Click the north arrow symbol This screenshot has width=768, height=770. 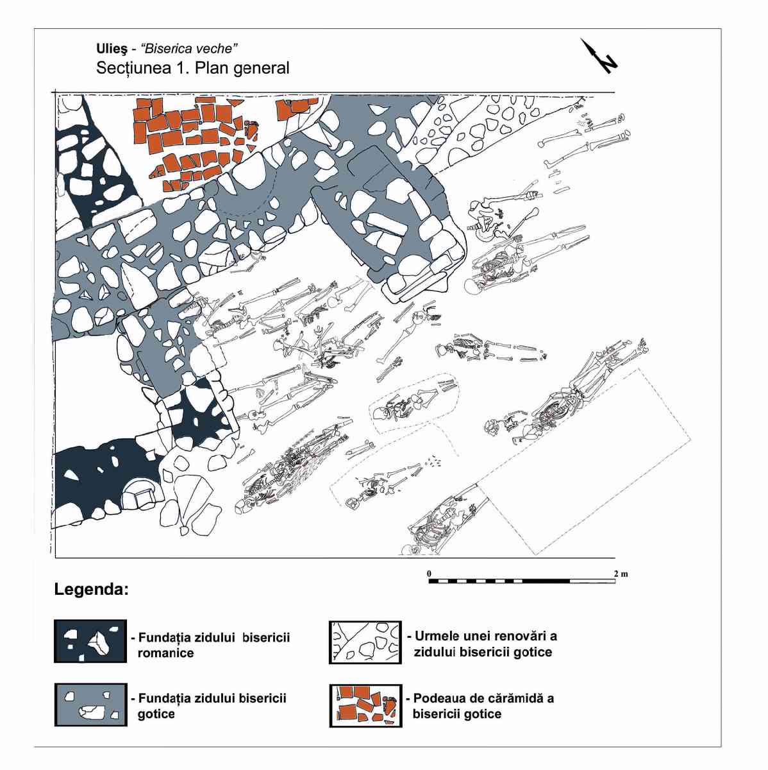(x=598, y=56)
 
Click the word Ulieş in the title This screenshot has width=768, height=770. (x=108, y=49)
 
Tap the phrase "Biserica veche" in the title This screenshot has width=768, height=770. (x=190, y=48)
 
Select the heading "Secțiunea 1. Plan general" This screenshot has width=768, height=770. (x=192, y=68)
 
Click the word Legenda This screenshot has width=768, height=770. (x=92, y=590)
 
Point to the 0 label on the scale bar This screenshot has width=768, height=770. (x=430, y=574)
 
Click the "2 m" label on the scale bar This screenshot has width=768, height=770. (x=621, y=574)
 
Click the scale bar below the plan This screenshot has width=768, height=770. (x=522, y=581)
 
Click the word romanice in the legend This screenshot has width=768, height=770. (x=166, y=653)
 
